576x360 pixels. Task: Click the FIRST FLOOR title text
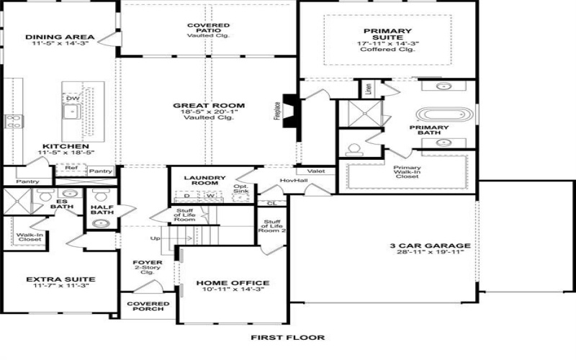287,337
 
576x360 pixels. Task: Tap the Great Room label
204,106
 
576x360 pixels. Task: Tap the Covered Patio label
208,26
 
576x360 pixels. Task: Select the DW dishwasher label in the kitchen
73,98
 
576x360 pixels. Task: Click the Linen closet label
368,89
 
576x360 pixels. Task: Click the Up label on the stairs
153,238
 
